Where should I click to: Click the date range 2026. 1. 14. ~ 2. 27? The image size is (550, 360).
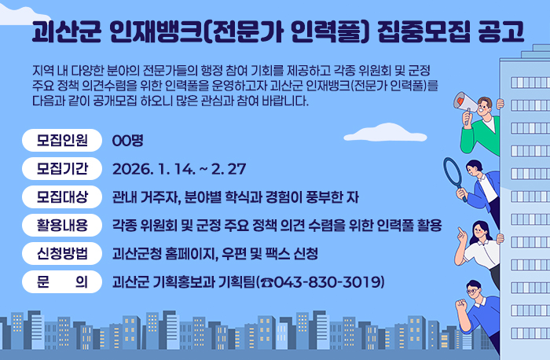[180, 169]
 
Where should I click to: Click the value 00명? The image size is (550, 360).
[126, 141]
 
